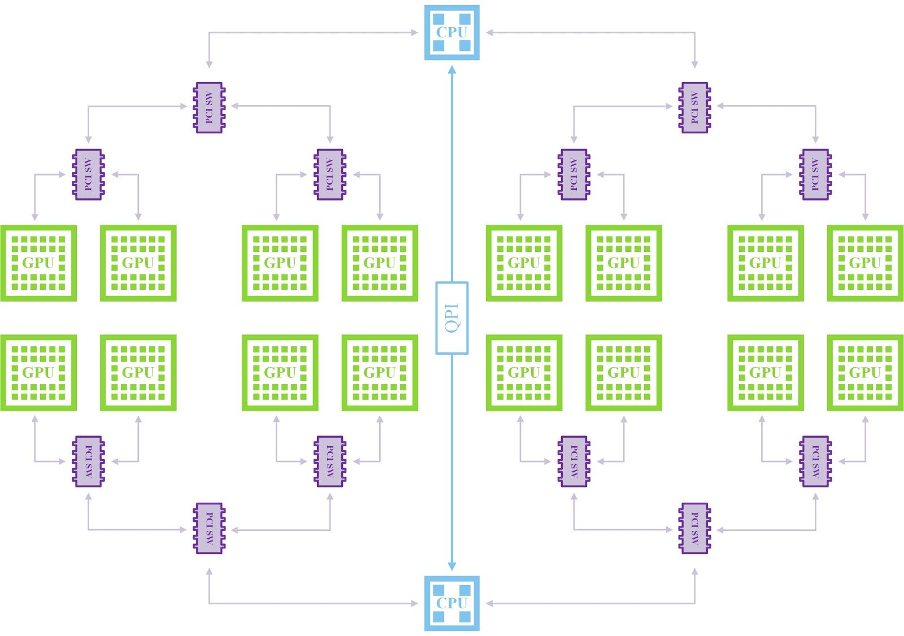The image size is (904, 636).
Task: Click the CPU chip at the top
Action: tap(451, 32)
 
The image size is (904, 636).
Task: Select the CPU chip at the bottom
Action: tap(451, 603)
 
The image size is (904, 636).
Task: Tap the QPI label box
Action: tap(451, 318)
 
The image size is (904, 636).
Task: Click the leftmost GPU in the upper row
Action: tap(38, 263)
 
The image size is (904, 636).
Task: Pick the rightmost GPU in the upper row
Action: tap(865, 263)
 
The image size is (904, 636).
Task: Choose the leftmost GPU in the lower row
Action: tap(38, 372)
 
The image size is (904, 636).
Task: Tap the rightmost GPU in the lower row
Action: tap(865, 372)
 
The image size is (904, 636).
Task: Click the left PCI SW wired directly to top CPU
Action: tap(209, 107)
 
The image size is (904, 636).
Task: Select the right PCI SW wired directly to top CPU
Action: tap(694, 107)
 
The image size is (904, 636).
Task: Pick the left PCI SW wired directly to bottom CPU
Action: tap(209, 529)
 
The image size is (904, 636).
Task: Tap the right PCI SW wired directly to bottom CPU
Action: tap(694, 529)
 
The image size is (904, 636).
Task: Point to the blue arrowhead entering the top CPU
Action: tap(451, 70)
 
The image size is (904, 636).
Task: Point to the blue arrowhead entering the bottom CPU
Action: tap(451, 566)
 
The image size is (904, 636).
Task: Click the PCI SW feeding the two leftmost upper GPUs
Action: tap(88, 175)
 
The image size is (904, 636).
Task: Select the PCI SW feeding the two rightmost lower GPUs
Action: tap(815, 461)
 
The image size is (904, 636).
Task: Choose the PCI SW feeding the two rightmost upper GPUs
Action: tap(815, 175)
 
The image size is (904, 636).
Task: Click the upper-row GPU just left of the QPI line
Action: tap(380, 263)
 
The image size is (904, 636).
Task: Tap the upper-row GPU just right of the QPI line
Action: tap(524, 263)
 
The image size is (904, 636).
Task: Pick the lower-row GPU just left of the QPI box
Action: tap(380, 372)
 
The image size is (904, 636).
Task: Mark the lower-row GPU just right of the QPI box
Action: tap(524, 372)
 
